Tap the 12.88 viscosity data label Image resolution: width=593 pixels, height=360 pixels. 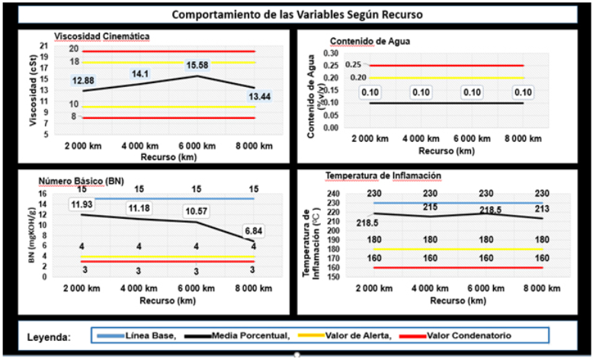click(83, 80)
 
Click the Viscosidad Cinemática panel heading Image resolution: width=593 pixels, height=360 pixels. click(101, 36)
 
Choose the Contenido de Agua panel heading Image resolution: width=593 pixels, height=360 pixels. click(370, 41)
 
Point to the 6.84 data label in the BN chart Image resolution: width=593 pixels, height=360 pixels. click(254, 230)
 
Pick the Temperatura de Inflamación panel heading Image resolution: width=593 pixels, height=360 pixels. click(383, 176)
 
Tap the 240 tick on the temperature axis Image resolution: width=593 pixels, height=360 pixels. click(335, 194)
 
